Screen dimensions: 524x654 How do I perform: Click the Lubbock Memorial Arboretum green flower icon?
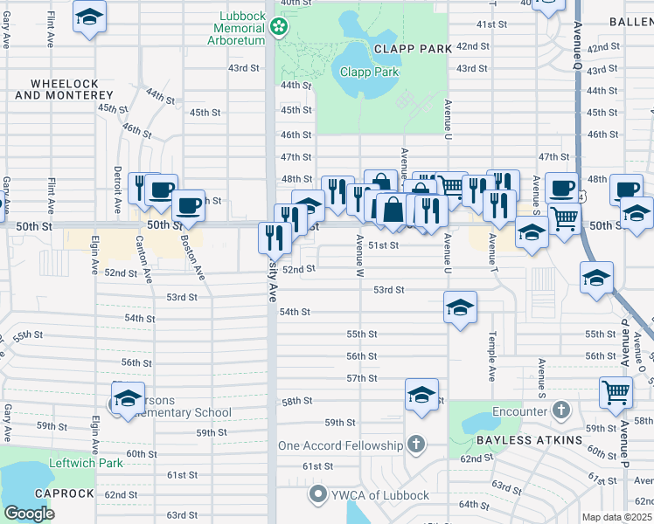(279, 28)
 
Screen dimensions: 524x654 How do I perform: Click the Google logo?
(30, 514)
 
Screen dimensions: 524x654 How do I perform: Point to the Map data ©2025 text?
(617, 517)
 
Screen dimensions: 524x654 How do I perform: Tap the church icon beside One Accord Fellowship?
(416, 445)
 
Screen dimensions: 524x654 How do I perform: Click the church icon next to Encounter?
(561, 410)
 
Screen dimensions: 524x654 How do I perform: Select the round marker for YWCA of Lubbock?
(317, 495)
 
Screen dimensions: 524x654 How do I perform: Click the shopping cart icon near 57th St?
(616, 393)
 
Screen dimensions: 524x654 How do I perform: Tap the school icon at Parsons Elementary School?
(128, 397)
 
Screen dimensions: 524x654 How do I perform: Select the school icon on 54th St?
(460, 307)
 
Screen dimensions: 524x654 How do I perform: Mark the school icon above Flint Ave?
(88, 17)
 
